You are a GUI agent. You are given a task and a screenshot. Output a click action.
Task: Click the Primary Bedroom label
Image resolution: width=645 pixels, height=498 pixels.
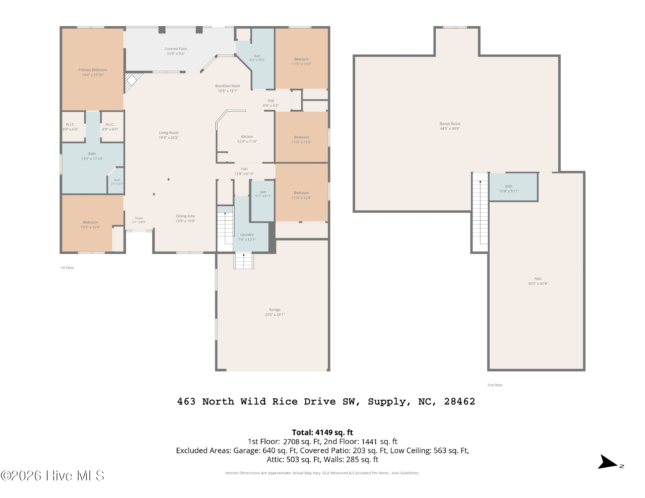[x=93, y=70]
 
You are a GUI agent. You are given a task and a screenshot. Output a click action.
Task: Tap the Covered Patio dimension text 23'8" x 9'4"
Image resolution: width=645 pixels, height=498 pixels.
[x=176, y=54]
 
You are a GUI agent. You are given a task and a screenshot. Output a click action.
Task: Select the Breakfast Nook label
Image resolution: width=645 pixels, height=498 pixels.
[x=228, y=86]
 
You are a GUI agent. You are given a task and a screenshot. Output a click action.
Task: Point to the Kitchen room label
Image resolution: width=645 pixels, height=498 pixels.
[x=247, y=137]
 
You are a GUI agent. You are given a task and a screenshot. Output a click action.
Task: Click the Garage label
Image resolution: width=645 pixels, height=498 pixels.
[x=275, y=310]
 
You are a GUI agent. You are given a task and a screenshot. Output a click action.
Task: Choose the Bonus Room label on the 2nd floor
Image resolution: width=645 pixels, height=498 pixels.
[x=450, y=124]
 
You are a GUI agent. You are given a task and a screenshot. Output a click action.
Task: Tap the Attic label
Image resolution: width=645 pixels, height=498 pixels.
[x=538, y=279]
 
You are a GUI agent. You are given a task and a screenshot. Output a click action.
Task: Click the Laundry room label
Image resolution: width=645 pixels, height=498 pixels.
[x=247, y=235]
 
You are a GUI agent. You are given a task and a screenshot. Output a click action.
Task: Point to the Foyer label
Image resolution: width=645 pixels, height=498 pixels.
[x=139, y=218]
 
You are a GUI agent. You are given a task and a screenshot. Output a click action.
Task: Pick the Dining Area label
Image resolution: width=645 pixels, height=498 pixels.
[x=185, y=216]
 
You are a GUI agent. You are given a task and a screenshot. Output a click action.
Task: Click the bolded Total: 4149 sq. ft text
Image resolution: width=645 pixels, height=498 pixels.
[x=322, y=432]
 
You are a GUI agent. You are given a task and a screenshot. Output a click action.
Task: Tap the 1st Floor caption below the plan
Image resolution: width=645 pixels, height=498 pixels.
[x=67, y=268]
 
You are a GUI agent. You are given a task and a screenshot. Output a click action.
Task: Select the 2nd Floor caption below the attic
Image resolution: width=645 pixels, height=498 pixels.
[x=495, y=385]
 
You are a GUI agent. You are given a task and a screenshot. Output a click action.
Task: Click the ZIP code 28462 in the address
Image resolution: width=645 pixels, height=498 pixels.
[x=459, y=402]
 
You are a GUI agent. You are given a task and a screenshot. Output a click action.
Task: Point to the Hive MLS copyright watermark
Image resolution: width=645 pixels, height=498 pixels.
[x=52, y=475]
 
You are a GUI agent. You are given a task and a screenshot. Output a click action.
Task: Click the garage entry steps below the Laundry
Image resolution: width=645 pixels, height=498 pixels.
[x=244, y=261]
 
